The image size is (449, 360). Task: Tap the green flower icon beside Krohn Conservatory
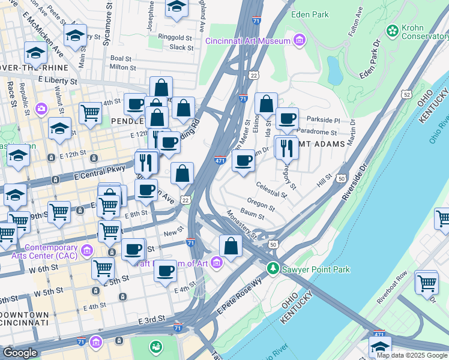point(393,29)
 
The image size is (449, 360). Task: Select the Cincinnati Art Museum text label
point(248,41)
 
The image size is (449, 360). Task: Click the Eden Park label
point(310,14)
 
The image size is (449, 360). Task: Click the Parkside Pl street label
point(324,120)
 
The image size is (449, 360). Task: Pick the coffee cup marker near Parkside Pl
point(287,118)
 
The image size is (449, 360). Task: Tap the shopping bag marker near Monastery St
point(231,245)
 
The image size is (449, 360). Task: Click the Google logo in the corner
point(20,353)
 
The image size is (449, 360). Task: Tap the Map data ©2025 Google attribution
point(412,355)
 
